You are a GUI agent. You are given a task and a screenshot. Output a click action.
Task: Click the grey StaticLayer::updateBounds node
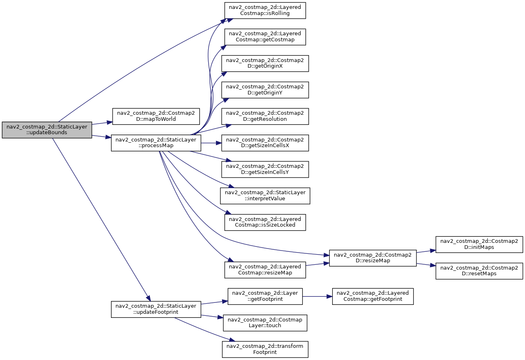[x=47, y=130]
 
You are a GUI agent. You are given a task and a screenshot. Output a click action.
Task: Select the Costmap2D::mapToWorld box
[x=156, y=116]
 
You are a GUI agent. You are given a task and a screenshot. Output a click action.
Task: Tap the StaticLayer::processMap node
[x=156, y=143]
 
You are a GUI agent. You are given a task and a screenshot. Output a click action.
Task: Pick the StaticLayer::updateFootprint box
[x=156, y=309]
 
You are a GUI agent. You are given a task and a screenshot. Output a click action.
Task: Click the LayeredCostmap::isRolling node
[x=265, y=11]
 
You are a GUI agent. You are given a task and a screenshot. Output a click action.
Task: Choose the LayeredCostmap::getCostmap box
[x=265, y=37]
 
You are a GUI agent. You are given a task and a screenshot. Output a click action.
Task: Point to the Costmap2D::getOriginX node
[x=265, y=64]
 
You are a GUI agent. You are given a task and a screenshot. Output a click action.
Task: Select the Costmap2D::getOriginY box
[x=265, y=90]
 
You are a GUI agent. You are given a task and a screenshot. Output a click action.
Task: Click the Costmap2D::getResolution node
[x=265, y=116]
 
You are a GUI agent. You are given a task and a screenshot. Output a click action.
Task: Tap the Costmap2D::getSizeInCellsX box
[x=265, y=143]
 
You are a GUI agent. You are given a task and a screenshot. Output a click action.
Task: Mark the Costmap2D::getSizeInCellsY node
[x=265, y=169]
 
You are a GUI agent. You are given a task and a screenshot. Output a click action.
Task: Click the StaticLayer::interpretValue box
[x=265, y=196]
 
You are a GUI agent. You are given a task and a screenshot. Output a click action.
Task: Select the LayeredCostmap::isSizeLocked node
[x=265, y=222]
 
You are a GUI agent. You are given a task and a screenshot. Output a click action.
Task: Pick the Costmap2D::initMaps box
[x=479, y=244]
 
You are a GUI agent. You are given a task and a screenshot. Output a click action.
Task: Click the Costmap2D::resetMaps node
[x=479, y=271]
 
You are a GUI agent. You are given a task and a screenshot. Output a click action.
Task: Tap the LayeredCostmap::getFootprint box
[x=373, y=296]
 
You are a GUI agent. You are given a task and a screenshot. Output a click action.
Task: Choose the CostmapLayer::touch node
[x=265, y=323]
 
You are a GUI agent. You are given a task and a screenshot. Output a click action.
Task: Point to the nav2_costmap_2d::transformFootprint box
[x=265, y=349]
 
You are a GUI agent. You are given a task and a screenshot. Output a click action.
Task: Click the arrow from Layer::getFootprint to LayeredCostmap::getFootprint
[x=317, y=296]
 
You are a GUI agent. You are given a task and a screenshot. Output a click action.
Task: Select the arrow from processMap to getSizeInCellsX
[x=211, y=143]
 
